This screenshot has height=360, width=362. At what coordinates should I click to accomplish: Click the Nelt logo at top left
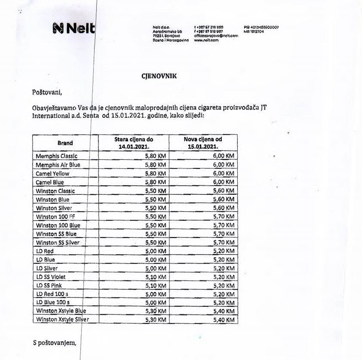(x=74, y=29)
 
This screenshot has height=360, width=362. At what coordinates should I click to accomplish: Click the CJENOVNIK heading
(x=159, y=76)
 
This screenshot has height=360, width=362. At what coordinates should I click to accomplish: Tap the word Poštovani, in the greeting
(x=46, y=92)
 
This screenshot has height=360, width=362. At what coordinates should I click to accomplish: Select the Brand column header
(x=65, y=143)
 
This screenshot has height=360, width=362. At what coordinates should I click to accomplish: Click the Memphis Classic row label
(x=57, y=156)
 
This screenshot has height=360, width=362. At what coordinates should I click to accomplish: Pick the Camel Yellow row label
(x=53, y=173)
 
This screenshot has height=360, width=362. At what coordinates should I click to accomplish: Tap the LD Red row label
(x=45, y=251)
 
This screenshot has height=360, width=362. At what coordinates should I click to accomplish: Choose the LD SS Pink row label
(x=49, y=285)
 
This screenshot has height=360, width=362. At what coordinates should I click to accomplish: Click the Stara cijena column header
(x=134, y=143)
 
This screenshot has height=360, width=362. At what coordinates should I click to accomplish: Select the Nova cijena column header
(x=203, y=143)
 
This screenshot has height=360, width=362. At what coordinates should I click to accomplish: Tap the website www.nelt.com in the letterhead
(x=206, y=40)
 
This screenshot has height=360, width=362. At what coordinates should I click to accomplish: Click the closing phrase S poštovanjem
(x=55, y=343)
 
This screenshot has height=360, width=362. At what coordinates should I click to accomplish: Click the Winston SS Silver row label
(x=58, y=243)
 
